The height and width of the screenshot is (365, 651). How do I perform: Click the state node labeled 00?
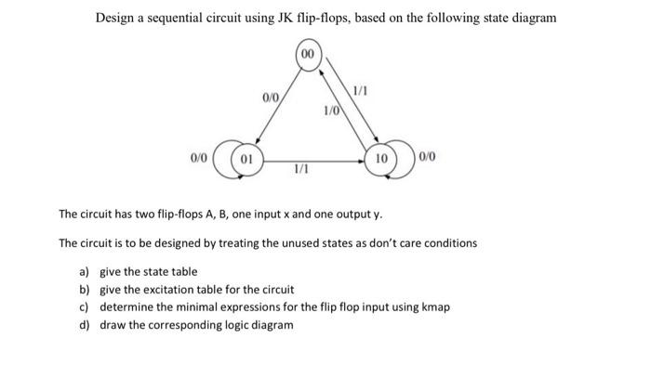308,55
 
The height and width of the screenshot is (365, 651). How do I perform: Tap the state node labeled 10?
380,159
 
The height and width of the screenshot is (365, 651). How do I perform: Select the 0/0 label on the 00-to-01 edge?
269,97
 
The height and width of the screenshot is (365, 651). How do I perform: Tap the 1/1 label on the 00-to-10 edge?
360,89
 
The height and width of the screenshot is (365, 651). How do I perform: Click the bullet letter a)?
85,271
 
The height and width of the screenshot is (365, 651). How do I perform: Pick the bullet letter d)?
85,324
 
